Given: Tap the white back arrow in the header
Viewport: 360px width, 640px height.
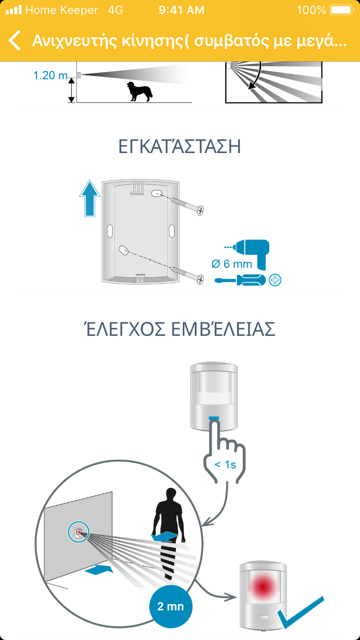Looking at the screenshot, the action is [x=14, y=40].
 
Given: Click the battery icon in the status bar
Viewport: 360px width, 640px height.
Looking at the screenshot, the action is [x=342, y=10].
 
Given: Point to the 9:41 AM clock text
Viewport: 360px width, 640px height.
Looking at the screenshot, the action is [x=181, y=10].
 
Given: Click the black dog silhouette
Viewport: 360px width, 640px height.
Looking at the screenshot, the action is [x=139, y=92].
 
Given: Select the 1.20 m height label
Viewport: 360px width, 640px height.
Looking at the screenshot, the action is [x=50, y=75].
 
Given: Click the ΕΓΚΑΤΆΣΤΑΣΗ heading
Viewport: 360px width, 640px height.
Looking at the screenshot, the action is [x=180, y=146].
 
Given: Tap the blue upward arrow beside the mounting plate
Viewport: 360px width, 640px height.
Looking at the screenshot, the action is [x=89, y=198].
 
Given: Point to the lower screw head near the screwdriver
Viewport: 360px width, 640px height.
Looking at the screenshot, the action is [x=201, y=279].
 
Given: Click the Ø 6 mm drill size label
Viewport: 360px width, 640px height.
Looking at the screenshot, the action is [x=232, y=264].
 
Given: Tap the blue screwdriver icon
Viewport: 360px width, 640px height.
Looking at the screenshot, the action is [x=240, y=280].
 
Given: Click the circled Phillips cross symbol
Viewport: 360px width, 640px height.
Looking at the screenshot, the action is [x=275, y=280].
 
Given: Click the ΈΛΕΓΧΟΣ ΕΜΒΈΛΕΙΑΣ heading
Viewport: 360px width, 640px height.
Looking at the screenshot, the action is [x=180, y=329].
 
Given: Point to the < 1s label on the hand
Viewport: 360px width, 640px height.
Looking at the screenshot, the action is [x=225, y=464].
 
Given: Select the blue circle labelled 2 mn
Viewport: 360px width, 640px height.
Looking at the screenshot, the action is [x=171, y=606].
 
